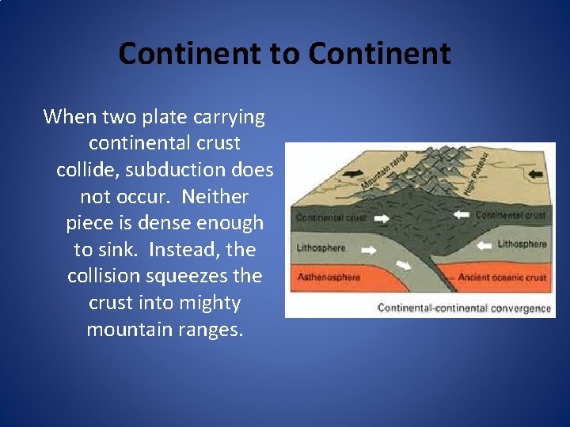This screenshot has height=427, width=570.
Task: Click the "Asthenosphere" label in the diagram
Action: coord(328,278)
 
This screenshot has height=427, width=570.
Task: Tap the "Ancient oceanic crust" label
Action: coord(502,278)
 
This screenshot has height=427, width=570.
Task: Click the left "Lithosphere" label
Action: coord(321,248)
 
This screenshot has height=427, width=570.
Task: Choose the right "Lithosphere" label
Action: coord(522,244)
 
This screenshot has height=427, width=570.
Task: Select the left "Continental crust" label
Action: coord(330,217)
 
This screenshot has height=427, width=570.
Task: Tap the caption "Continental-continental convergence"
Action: coord(463,308)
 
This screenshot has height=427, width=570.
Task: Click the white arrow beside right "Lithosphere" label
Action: coord(481,246)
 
